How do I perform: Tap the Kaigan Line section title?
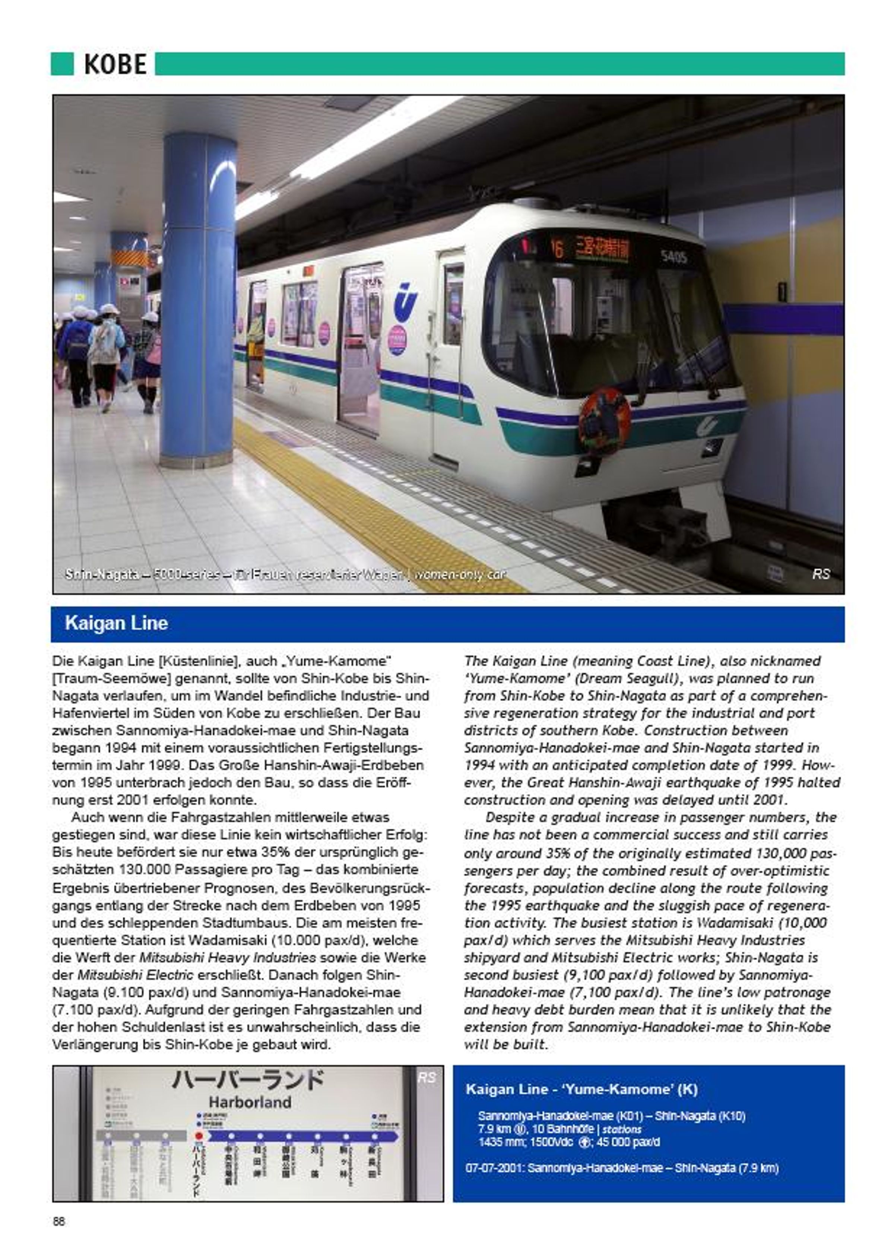[116, 623]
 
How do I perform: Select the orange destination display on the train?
[594, 249]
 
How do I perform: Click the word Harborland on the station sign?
[249, 1102]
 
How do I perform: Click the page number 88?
[59, 1221]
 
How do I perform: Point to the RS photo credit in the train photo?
[820, 574]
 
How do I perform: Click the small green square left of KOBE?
[62, 64]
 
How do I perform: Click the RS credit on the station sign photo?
[427, 1078]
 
